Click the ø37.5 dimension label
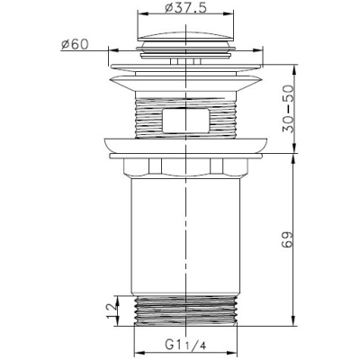[185, 8]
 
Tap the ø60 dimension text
[75, 45]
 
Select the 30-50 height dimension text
[288, 109]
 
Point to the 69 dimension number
[287, 239]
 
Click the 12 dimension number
[112, 310]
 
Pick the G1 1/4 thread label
[185, 345]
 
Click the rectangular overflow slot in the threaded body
[185, 120]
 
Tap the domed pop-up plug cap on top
[185, 36]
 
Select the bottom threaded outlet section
[185, 311]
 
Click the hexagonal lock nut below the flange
[186, 166]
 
